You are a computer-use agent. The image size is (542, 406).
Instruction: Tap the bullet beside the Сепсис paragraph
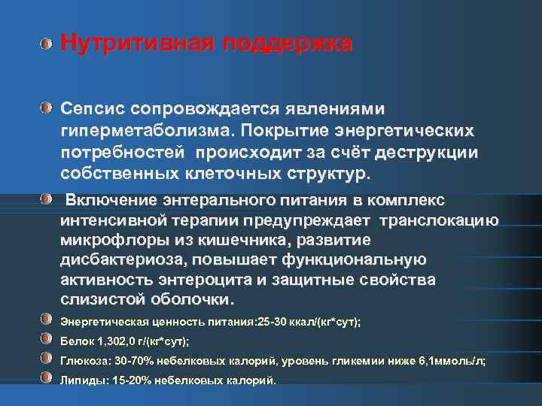[47, 108]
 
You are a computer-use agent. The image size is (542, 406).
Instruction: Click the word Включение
[109, 200]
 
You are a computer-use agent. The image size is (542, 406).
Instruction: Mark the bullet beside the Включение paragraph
[47, 198]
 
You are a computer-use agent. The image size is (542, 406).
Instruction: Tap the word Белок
[76, 341]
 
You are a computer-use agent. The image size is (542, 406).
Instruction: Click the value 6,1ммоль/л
[454, 360]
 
